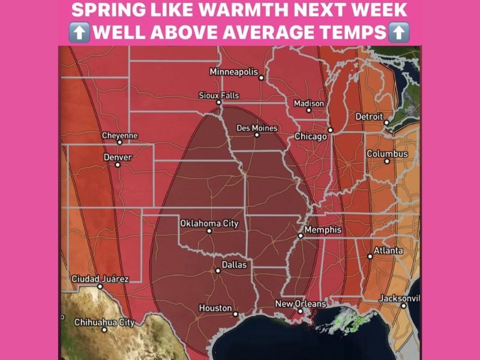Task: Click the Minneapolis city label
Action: coord(233,72)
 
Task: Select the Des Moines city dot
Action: coord(257,135)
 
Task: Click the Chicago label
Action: coord(310,137)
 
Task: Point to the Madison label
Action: coord(308,104)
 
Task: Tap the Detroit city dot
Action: coord(386,123)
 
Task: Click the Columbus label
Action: coord(387,154)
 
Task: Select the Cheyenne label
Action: coord(119,136)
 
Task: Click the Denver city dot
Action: coord(118,164)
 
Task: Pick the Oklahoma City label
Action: coord(209,223)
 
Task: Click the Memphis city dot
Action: coord(301,236)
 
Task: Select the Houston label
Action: coord(215,308)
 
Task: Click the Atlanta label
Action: coord(388,250)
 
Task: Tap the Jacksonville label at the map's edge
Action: coord(400,298)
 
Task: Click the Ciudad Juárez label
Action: coord(100,279)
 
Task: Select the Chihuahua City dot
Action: coord(104,329)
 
